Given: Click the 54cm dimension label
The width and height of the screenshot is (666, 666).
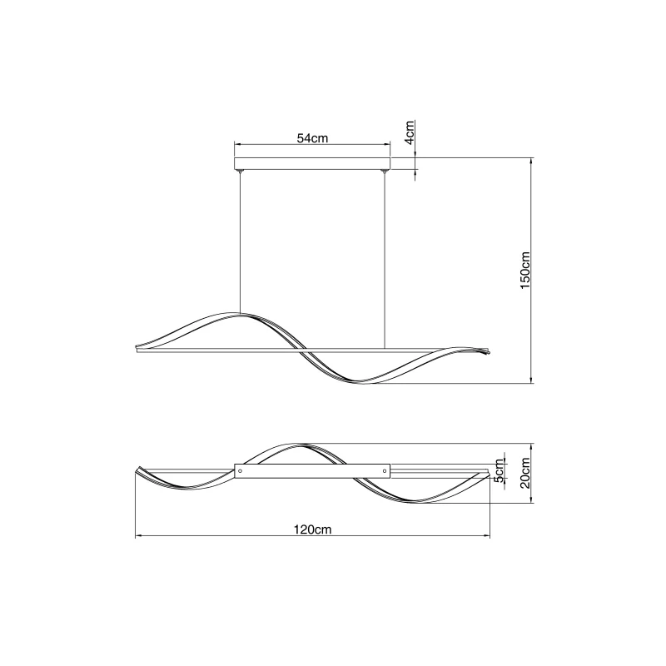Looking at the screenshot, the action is point(312,138).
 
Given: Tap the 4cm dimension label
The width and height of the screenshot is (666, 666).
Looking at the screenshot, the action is point(409,132).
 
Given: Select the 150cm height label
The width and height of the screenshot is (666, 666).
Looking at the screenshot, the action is point(525,270).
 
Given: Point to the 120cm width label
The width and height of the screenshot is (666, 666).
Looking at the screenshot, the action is point(312,529).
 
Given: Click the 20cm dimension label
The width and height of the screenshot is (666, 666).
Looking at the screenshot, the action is point(525,473).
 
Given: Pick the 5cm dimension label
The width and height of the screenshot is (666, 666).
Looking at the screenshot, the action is point(500,470).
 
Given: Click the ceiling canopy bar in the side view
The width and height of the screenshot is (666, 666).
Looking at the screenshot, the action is point(312,163).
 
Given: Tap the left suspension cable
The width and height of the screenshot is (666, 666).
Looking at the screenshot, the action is point(240,243).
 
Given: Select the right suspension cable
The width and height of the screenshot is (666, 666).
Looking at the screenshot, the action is point(384,260).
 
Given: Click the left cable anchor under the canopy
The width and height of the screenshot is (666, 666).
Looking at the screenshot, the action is point(240,171).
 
